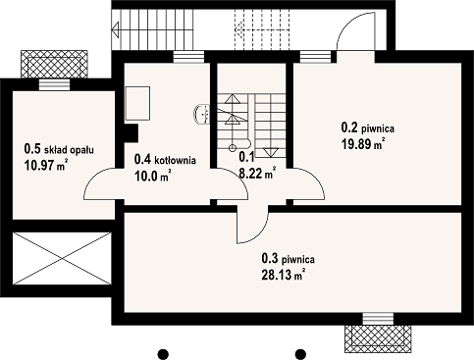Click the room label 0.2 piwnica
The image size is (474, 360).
[368, 128]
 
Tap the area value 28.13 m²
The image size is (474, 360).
[284, 275]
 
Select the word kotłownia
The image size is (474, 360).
[176, 160]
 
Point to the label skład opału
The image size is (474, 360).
[69, 150]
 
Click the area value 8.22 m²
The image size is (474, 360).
[257, 174]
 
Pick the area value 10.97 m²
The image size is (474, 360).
[46, 166]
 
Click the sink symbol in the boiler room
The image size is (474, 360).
[202, 114]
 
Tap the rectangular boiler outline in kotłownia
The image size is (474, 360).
[137, 103]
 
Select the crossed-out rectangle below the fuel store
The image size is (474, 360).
[62, 258]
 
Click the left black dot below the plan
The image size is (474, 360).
[163, 354]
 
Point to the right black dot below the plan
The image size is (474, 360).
[300, 354]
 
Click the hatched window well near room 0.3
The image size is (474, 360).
[378, 338]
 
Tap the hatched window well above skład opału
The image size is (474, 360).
[54, 64]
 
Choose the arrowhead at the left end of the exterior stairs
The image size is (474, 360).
[115, 30]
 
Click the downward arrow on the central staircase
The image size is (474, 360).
[271, 153]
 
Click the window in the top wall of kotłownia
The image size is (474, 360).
[188, 57]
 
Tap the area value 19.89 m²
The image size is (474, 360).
[363, 144]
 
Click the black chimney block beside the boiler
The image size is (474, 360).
[131, 132]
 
